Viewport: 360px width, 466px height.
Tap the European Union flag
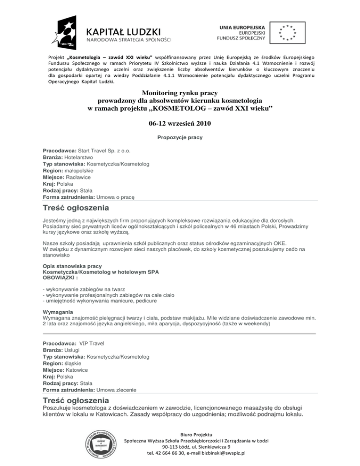(287, 31)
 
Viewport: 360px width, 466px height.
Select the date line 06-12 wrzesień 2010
(180, 123)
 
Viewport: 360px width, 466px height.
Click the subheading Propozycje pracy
(180, 138)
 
